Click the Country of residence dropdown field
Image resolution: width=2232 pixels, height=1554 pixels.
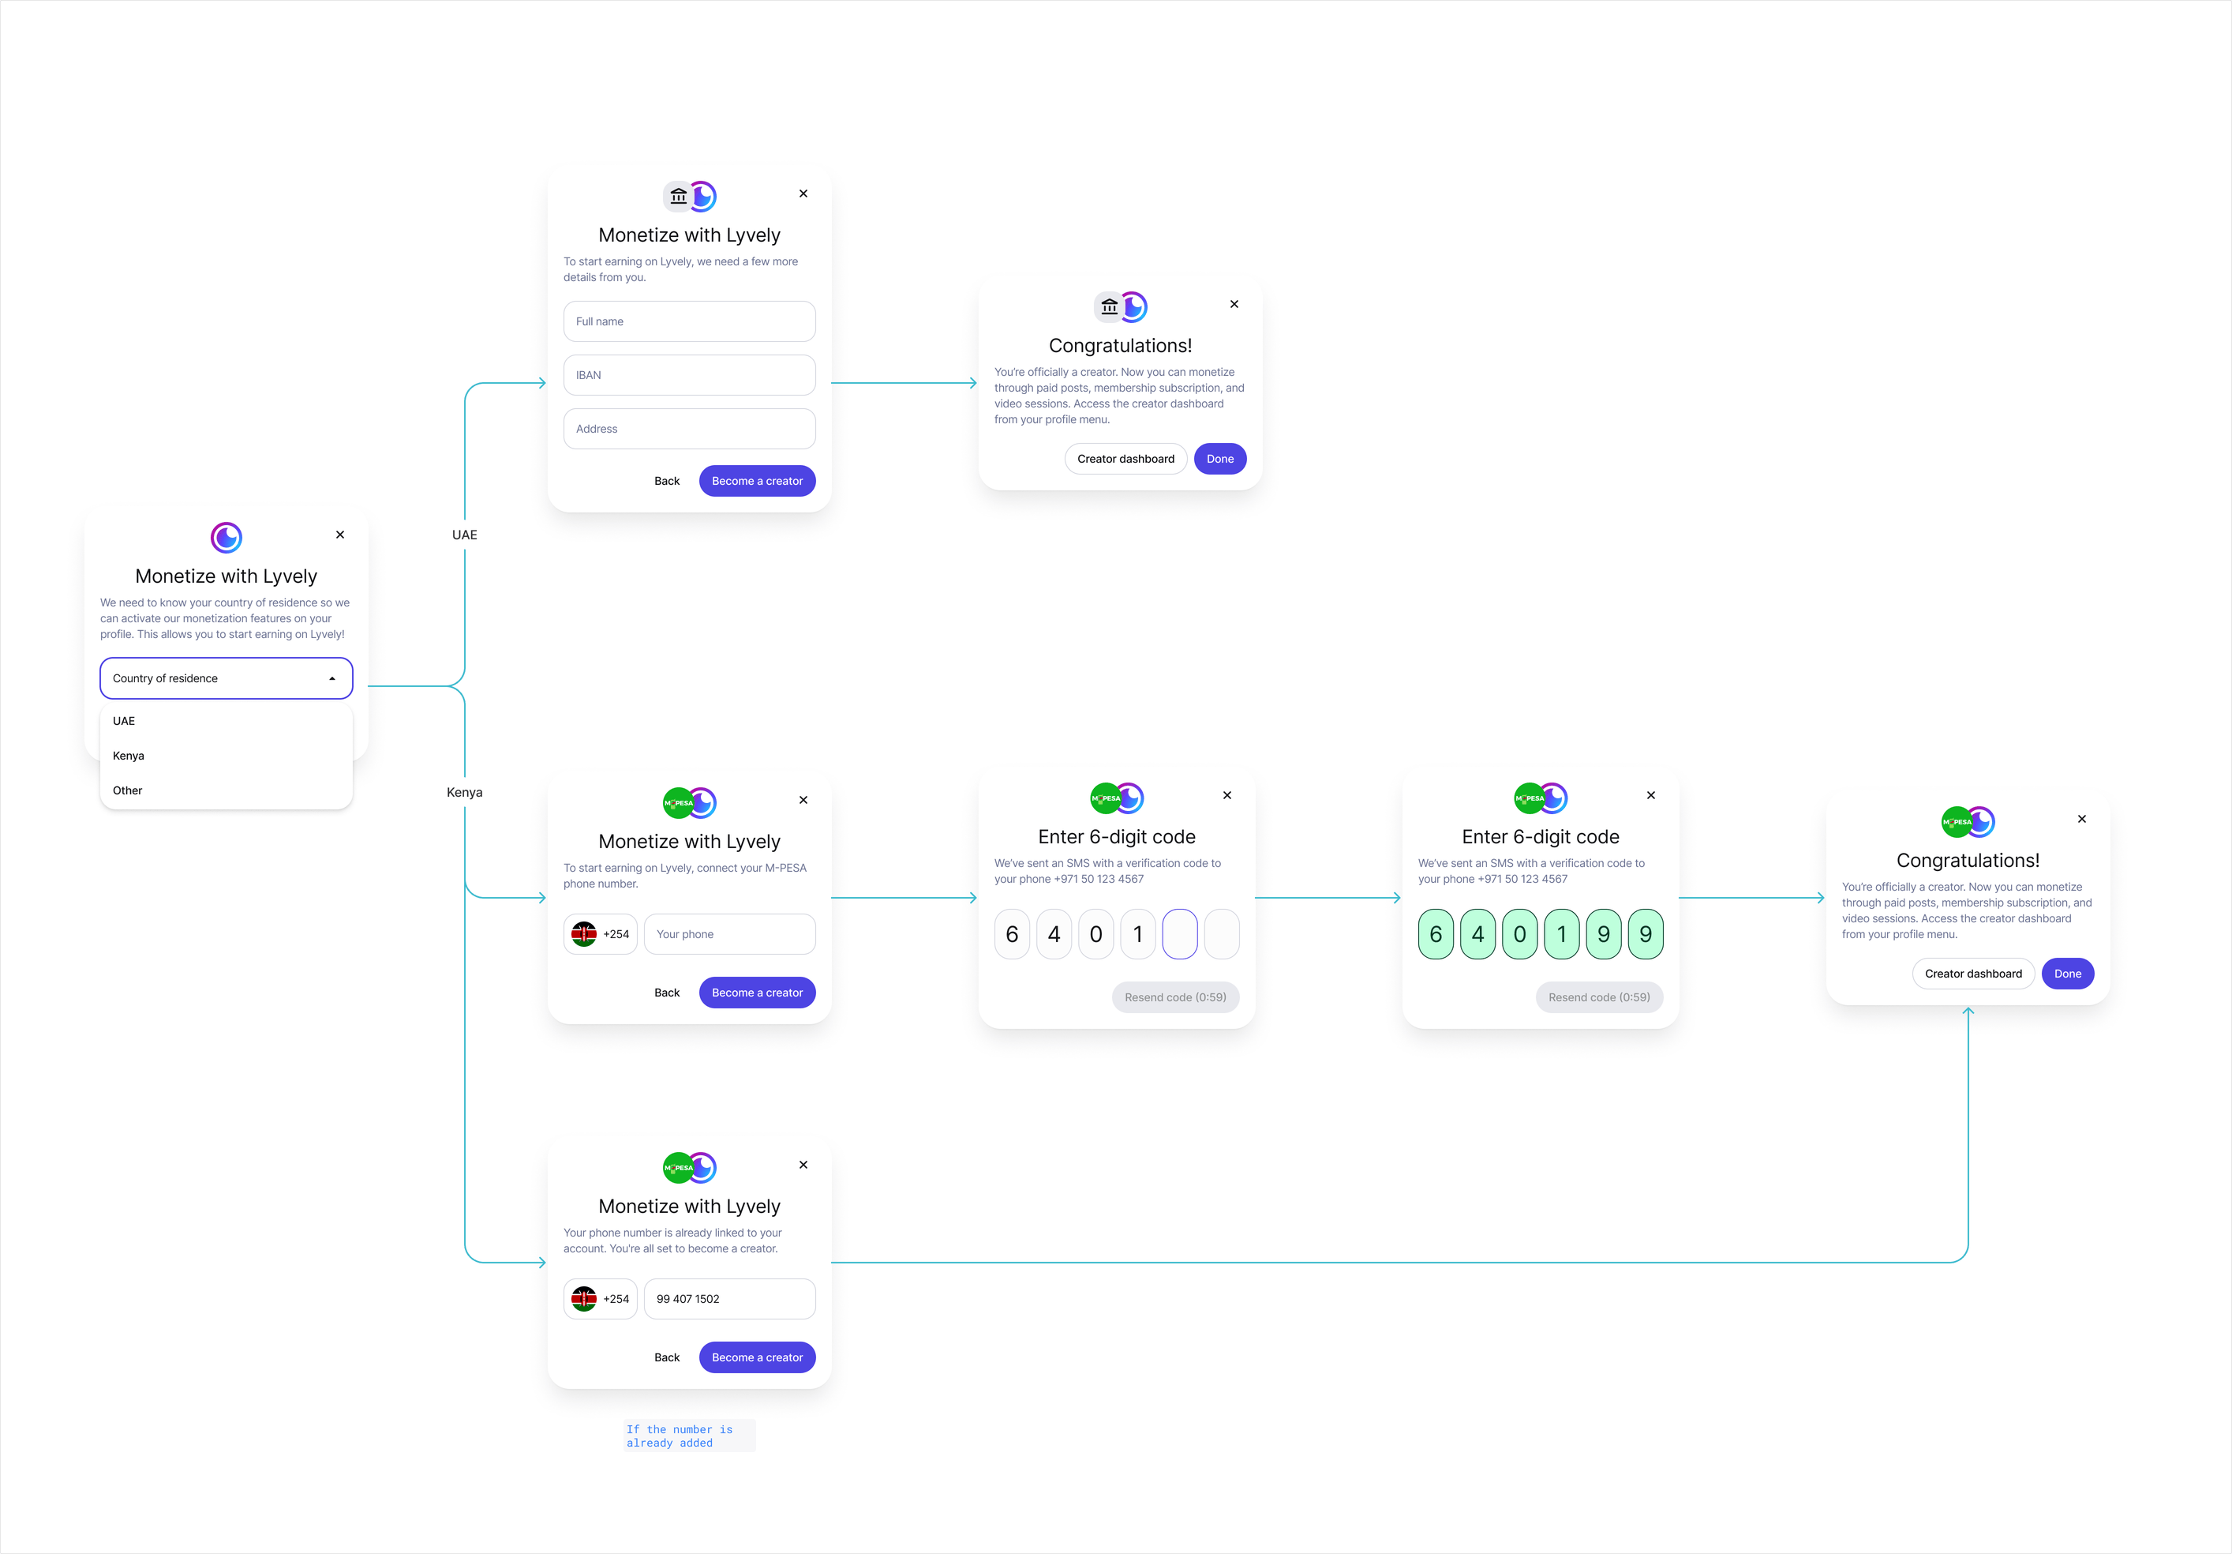coord(226,678)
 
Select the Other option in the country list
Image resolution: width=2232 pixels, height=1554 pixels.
coord(127,790)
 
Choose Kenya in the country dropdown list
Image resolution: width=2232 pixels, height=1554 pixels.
coord(129,756)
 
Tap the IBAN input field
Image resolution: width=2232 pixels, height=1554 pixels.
coord(689,375)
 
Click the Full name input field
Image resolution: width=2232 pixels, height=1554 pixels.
coord(689,321)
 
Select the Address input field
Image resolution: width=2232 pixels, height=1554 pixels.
coord(689,429)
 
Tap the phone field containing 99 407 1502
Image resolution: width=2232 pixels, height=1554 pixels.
coord(729,1299)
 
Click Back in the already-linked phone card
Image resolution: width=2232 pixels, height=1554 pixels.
coord(667,1357)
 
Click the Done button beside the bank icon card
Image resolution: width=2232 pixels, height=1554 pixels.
coord(1220,459)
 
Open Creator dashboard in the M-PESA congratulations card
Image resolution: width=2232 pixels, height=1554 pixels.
coord(1972,974)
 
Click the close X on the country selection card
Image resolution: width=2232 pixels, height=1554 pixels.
coord(340,535)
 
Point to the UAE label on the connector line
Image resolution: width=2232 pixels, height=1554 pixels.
coord(465,535)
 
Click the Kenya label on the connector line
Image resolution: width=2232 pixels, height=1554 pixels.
coord(465,793)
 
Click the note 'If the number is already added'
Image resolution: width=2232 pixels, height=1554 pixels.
coord(680,1436)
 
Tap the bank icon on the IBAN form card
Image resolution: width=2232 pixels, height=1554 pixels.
coord(679,197)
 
